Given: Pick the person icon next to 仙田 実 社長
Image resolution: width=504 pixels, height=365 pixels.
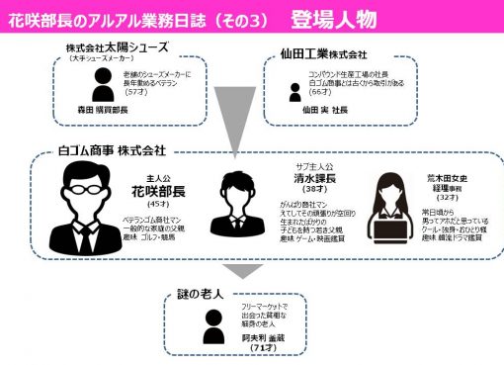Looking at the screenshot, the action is (294, 91).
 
